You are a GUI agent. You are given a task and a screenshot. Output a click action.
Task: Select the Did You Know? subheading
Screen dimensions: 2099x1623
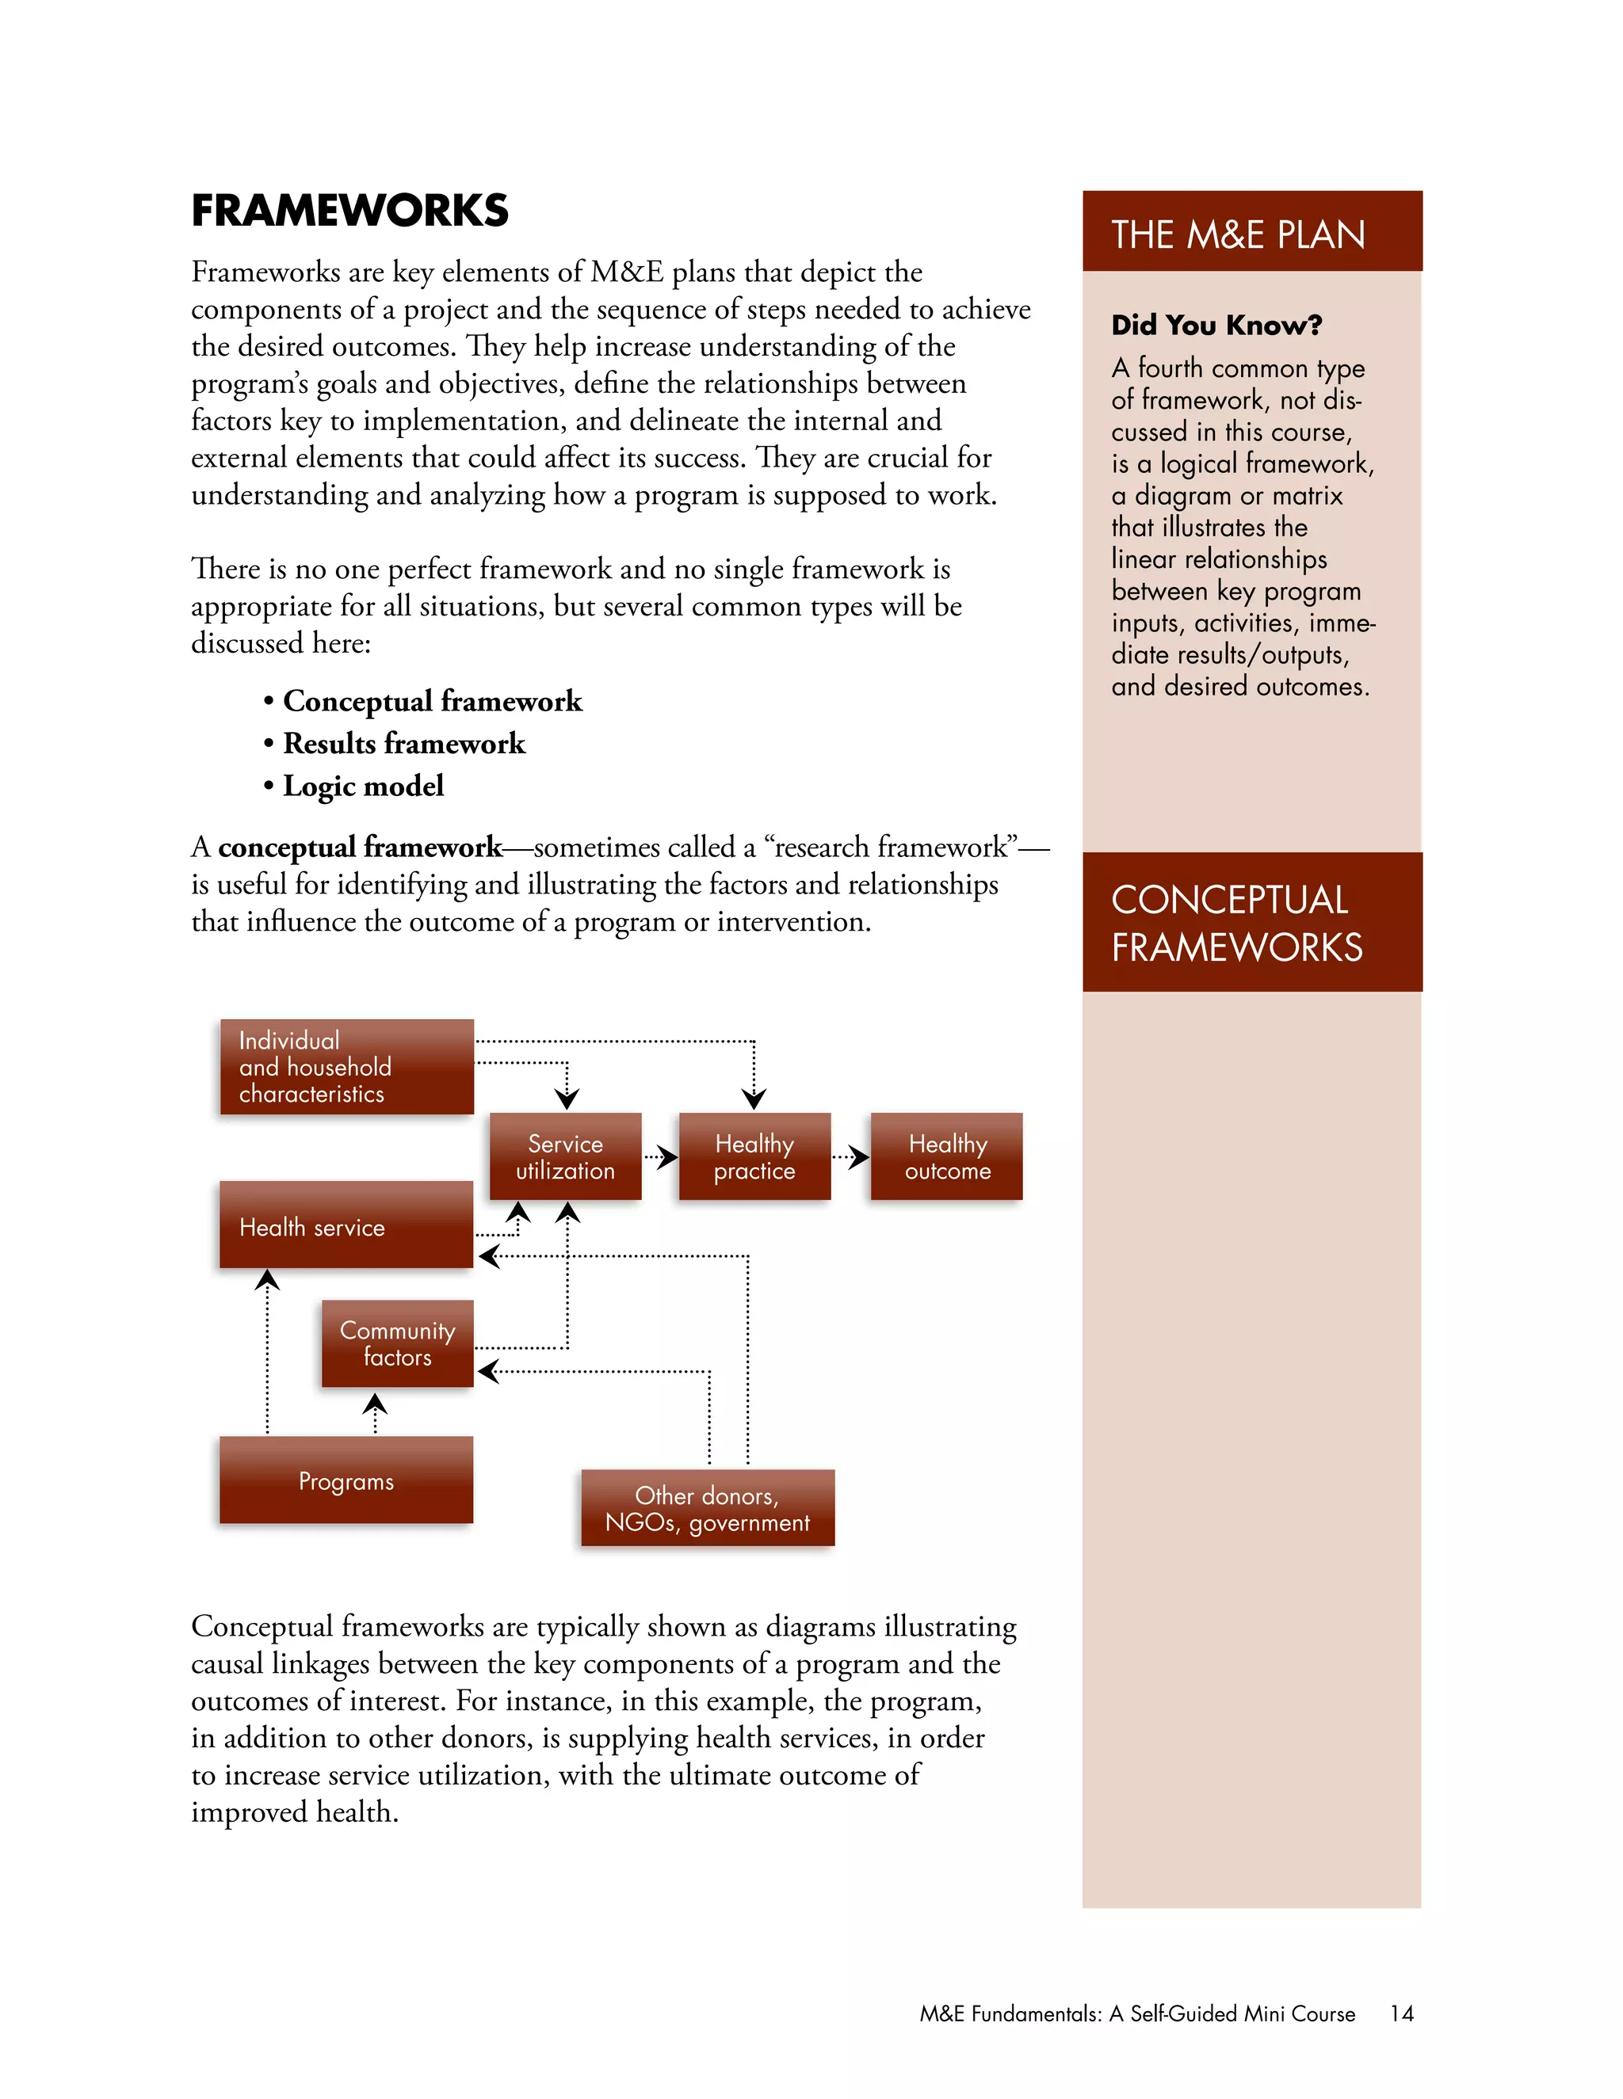click(1216, 325)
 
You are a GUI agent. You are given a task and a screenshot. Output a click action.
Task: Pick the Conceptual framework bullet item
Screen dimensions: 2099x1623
click(432, 701)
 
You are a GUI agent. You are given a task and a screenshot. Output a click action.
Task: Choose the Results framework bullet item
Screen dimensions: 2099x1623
click(404, 743)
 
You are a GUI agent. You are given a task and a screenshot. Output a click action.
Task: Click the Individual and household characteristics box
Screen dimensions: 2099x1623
click(346, 1067)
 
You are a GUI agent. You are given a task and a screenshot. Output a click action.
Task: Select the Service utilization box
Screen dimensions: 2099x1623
click(564, 1156)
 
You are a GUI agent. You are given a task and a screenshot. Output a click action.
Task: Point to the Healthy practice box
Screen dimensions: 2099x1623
click(754, 1156)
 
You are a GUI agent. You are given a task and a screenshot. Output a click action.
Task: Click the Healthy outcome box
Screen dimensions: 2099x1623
click(946, 1156)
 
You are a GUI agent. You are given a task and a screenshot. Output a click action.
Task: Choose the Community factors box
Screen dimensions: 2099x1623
click(397, 1343)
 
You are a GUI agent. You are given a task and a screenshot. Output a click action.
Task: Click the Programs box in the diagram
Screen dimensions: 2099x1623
click(346, 1480)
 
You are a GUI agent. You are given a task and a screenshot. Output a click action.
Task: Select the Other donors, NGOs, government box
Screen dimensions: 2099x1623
click(707, 1508)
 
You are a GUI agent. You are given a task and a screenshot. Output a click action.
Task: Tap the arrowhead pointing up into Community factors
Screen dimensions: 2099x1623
click(375, 1405)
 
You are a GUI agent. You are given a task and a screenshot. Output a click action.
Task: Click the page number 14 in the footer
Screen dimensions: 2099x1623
click(1401, 2013)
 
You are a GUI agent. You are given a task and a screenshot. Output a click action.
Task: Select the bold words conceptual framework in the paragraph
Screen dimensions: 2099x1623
click(360, 847)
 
